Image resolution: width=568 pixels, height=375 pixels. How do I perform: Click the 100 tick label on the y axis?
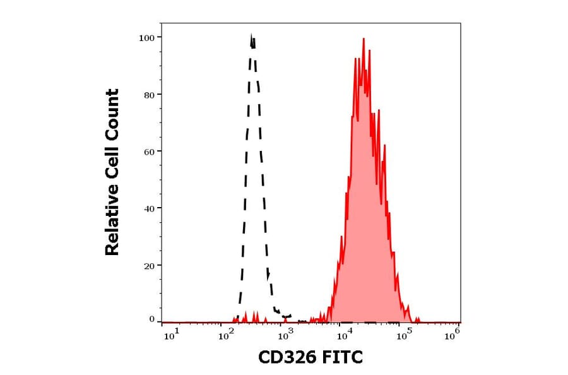[x=147, y=37]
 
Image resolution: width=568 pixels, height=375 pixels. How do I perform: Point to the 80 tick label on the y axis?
[x=149, y=95]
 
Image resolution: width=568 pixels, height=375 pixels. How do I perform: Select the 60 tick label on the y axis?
[x=149, y=152]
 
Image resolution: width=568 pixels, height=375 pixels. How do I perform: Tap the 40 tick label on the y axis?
[x=149, y=208]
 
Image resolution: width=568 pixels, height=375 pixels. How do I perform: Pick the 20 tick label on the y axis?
[x=149, y=266]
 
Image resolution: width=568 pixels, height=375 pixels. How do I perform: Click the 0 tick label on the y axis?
[x=152, y=319]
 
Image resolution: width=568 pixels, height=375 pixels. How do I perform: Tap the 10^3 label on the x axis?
[x=285, y=335]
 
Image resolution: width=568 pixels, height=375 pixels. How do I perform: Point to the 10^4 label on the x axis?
[x=343, y=335]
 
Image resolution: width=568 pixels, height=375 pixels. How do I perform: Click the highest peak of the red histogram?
[x=364, y=39]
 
